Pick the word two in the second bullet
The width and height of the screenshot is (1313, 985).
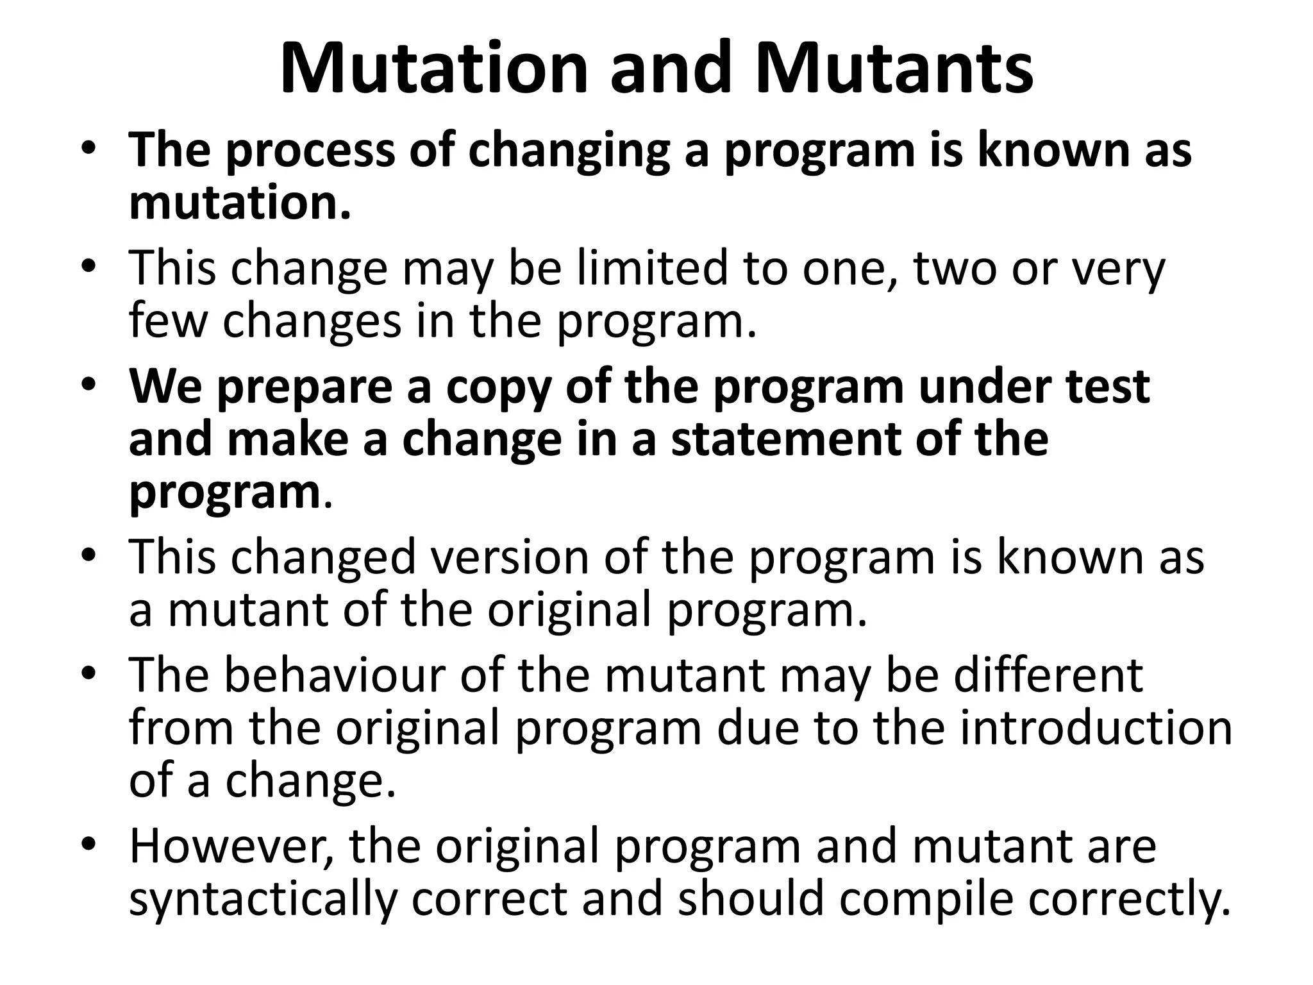tap(955, 268)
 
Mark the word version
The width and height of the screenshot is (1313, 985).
tap(510, 557)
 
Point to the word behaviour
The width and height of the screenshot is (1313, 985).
tap(334, 675)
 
